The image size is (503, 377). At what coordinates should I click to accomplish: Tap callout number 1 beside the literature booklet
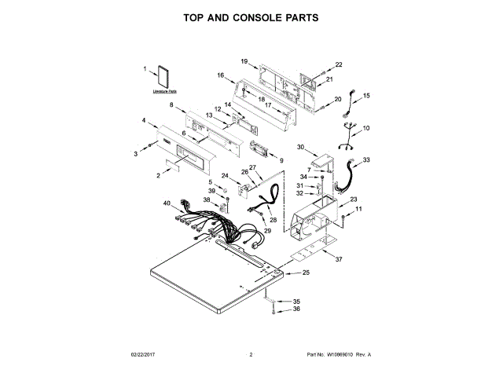(145, 70)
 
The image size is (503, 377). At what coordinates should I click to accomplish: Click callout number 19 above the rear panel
(244, 61)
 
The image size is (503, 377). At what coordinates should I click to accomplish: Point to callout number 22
(340, 64)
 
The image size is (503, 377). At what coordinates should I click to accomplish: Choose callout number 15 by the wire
(365, 95)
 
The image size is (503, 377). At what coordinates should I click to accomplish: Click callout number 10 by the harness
(365, 127)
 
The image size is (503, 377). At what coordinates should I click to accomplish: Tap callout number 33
(366, 160)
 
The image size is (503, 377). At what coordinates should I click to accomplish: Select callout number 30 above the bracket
(300, 147)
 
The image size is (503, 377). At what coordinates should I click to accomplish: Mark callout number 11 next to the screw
(360, 210)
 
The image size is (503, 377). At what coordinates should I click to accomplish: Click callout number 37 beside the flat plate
(339, 258)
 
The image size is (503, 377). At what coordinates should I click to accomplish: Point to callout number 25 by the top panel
(307, 273)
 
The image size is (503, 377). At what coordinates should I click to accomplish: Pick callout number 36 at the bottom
(296, 309)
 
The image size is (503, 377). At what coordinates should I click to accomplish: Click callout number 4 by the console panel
(144, 120)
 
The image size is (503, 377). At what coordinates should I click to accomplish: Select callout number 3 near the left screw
(135, 152)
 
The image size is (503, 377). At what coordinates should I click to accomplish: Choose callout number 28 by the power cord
(273, 221)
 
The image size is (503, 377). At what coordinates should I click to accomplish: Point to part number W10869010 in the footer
(338, 355)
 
